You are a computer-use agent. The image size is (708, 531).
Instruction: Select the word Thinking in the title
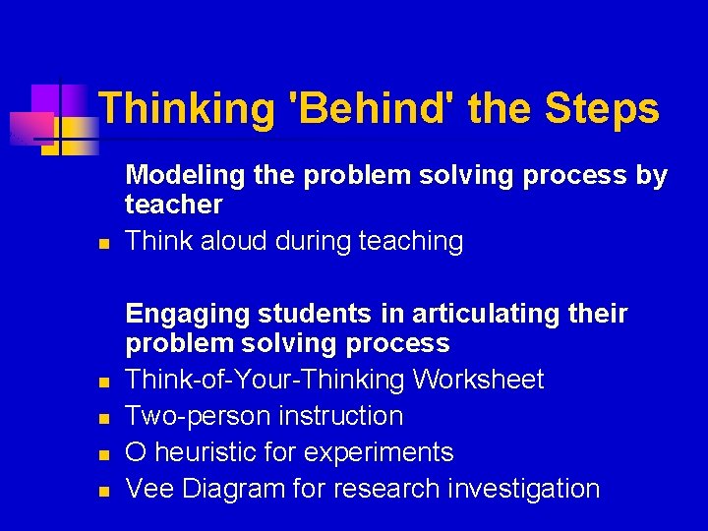pyautogui.click(x=187, y=108)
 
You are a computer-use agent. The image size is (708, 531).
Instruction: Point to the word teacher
pyautogui.click(x=174, y=206)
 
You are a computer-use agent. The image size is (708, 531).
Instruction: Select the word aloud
pyautogui.click(x=235, y=242)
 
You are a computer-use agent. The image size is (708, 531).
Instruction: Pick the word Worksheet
pyautogui.click(x=478, y=380)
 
